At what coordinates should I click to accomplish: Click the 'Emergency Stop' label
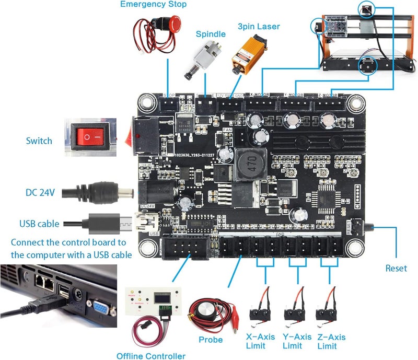pyautogui.click(x=153, y=5)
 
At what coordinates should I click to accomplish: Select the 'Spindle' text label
pyautogui.click(x=211, y=34)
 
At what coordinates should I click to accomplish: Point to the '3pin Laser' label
pyautogui.click(x=259, y=26)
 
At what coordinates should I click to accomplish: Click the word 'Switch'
pyautogui.click(x=39, y=141)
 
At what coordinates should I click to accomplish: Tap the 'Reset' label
pyautogui.click(x=396, y=268)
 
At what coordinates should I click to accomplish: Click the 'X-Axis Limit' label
pyautogui.click(x=263, y=342)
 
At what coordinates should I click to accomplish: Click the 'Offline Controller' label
pyautogui.click(x=150, y=356)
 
